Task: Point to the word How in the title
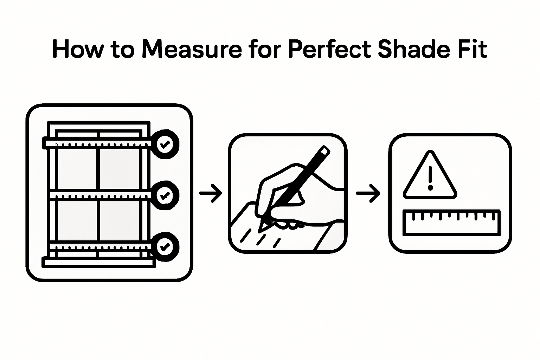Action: [x=78, y=50]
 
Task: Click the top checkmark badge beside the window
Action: [x=165, y=144]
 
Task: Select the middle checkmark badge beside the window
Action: [x=165, y=195]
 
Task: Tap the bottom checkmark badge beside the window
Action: [x=165, y=246]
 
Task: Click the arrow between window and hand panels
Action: [x=211, y=193]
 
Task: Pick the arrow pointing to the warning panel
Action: [x=368, y=193]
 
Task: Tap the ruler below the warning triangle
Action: [x=451, y=222]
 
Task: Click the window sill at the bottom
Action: [x=98, y=262]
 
